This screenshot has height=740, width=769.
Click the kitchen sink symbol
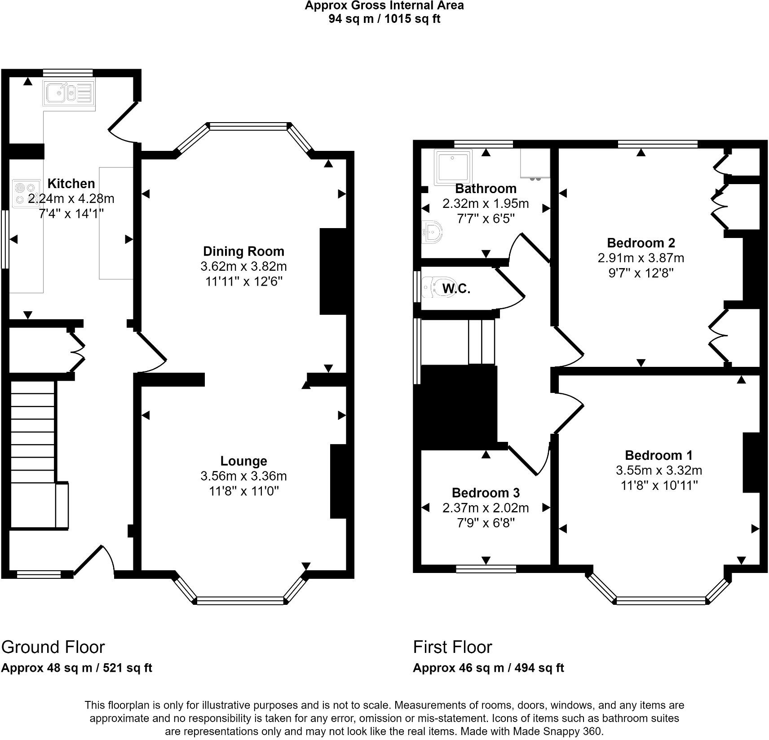pos(69,93)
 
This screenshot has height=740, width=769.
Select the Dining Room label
pos(243,251)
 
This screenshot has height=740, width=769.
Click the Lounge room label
pos(243,461)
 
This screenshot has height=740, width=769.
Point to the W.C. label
pos(456,289)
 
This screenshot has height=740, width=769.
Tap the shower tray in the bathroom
pos(453,167)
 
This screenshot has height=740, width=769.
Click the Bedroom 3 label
pos(486,493)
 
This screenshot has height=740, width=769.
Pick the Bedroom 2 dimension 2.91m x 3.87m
pos(641,258)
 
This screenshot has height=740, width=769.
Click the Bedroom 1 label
pos(659,455)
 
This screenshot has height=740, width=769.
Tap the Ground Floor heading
pos(53,647)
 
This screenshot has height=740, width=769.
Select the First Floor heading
pos(452,647)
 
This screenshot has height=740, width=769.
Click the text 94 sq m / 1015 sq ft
pos(384,19)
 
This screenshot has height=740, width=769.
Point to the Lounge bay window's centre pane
pos(240,601)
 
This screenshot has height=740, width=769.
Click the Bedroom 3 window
pos(486,569)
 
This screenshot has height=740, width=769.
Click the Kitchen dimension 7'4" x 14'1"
pos(71,213)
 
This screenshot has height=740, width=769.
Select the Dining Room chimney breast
pos(333,272)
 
